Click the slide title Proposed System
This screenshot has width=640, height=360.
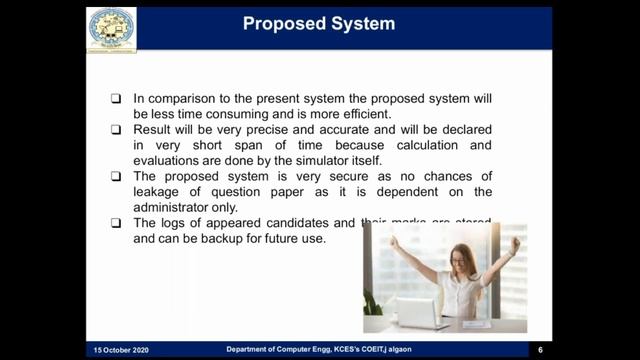[319, 23]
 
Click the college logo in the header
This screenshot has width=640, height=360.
[111, 28]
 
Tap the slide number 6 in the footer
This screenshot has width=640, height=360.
[540, 350]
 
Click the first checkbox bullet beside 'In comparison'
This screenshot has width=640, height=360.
[116, 99]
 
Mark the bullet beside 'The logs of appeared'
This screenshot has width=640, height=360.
[116, 223]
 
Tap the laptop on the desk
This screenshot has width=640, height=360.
[421, 313]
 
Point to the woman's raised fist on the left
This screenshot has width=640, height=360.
[393, 241]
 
